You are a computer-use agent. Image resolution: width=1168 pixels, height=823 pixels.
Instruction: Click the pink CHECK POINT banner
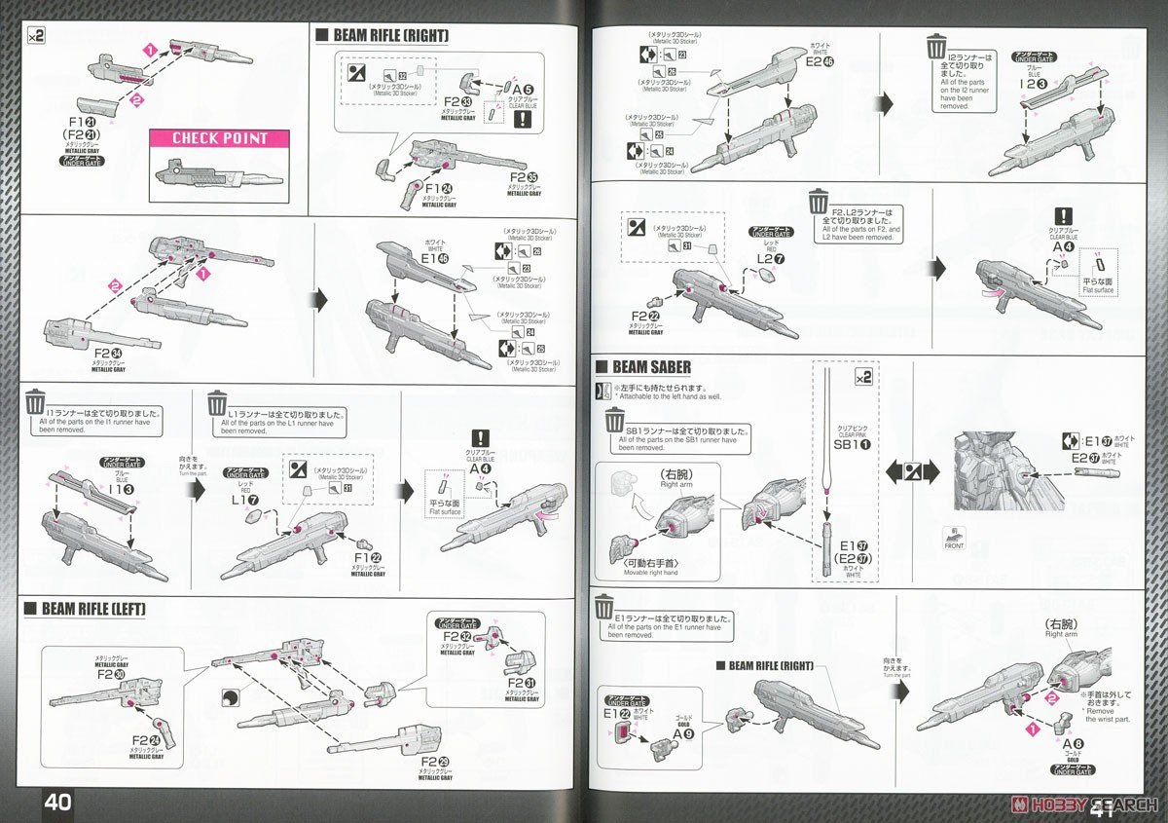[219, 138]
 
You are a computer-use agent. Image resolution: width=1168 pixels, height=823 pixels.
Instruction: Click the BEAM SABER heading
[651, 367]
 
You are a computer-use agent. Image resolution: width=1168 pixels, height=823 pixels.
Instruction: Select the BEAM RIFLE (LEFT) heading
[93, 610]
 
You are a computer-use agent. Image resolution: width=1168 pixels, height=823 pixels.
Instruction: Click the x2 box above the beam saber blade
[861, 376]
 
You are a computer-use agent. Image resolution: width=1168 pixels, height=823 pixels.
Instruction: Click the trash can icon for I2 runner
[936, 47]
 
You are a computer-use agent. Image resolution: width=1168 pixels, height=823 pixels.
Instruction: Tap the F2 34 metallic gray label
[108, 353]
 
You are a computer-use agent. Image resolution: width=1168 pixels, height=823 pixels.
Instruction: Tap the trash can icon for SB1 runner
[615, 421]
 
